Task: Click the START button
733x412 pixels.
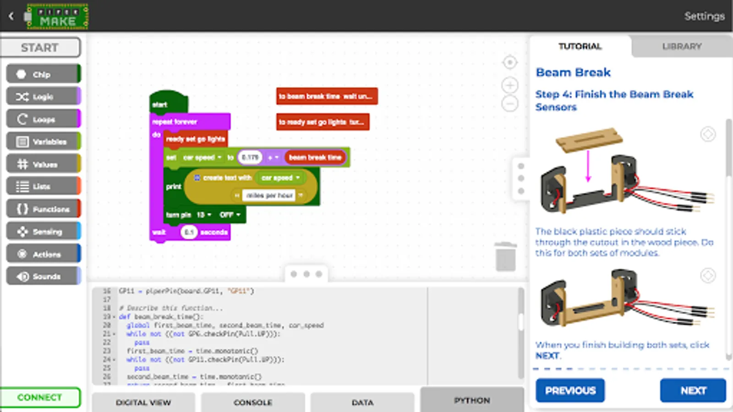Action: click(40, 48)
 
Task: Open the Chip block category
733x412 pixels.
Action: click(43, 74)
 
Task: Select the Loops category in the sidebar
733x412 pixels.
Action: click(43, 119)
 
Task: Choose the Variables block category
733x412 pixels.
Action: click(43, 141)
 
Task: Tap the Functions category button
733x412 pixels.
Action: click(43, 209)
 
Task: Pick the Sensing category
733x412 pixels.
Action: click(43, 232)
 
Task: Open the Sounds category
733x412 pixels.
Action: click(43, 276)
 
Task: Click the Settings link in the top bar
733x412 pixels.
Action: click(704, 16)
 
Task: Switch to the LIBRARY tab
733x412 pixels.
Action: click(682, 46)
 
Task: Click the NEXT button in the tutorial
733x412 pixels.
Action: click(693, 390)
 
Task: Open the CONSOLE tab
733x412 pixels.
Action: click(253, 402)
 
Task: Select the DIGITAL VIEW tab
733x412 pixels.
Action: click(143, 402)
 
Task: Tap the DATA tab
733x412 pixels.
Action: click(362, 402)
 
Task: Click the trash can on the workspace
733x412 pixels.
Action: click(505, 257)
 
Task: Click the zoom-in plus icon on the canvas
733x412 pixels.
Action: click(510, 85)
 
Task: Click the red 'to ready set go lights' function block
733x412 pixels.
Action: click(323, 122)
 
